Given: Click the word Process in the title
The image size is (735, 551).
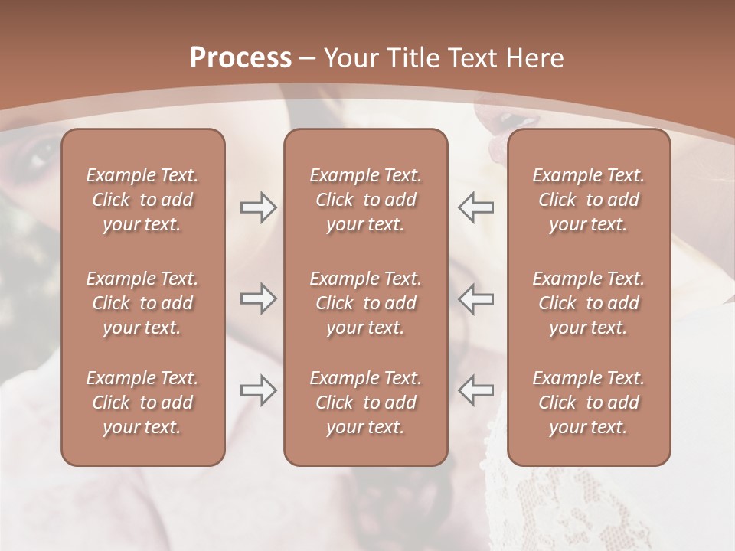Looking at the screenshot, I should [x=240, y=58].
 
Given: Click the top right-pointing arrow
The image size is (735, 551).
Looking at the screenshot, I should [x=258, y=207].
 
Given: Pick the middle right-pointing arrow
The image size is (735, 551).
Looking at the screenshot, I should [x=258, y=298].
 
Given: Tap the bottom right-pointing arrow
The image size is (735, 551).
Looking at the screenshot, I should [x=258, y=390].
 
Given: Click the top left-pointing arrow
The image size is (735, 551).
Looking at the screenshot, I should [x=476, y=207].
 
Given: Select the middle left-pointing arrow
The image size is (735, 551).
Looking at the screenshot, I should [x=476, y=298].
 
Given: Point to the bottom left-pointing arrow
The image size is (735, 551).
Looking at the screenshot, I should [x=476, y=390].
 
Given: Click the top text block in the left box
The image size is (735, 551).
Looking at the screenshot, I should [x=142, y=200].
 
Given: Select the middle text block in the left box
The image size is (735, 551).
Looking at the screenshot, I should [x=142, y=303].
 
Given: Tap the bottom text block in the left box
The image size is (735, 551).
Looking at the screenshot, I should [x=142, y=403].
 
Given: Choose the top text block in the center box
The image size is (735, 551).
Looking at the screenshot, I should [x=365, y=200].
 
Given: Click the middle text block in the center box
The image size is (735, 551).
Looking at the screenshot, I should [x=365, y=303].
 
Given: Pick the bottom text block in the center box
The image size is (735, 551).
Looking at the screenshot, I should [x=365, y=403].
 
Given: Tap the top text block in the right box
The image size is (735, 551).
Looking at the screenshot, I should [x=589, y=200].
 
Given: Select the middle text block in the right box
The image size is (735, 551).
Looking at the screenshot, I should [x=589, y=303].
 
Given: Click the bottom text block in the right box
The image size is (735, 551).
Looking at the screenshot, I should [x=589, y=403].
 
